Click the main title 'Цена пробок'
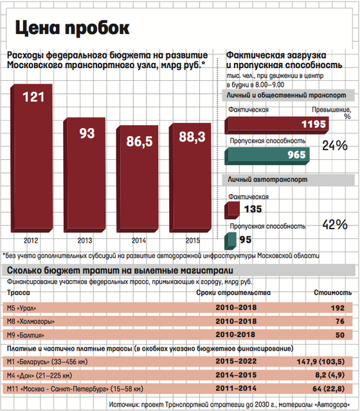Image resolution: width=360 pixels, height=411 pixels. pyautogui.click(x=73, y=28)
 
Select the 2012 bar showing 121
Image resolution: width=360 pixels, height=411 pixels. pyautogui.click(x=32, y=159)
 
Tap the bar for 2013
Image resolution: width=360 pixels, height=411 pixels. pyautogui.click(x=84, y=175)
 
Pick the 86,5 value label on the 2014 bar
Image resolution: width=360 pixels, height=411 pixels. pyautogui.click(x=139, y=141)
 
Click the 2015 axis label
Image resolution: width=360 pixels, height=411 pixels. pyautogui.click(x=193, y=240)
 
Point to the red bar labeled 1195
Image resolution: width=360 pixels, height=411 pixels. pyautogui.click(x=276, y=125)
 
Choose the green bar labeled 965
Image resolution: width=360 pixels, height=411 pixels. pyautogui.click(x=267, y=156)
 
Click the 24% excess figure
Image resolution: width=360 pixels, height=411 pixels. pyautogui.click(x=335, y=146)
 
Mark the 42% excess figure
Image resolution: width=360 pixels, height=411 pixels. pyautogui.click(x=335, y=225)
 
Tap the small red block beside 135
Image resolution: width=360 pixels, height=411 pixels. pyautogui.click(x=232, y=210)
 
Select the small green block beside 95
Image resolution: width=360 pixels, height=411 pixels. pyautogui.click(x=230, y=241)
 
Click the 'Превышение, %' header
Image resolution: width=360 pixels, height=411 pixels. pyautogui.click(x=332, y=113)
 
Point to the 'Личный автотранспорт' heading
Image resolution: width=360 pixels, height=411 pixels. pyautogui.click(x=267, y=180)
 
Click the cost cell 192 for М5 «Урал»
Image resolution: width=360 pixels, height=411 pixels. pyautogui.click(x=337, y=308)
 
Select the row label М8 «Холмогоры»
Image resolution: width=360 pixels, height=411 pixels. pyautogui.click(x=31, y=321)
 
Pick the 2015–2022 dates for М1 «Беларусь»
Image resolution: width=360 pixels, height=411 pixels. pyautogui.click(x=236, y=361)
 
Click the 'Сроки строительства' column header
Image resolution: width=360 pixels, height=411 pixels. pyautogui.click(x=233, y=293)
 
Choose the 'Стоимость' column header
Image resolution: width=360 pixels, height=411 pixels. pyautogui.click(x=333, y=293)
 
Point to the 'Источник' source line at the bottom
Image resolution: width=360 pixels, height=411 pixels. pyautogui.click(x=230, y=405)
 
